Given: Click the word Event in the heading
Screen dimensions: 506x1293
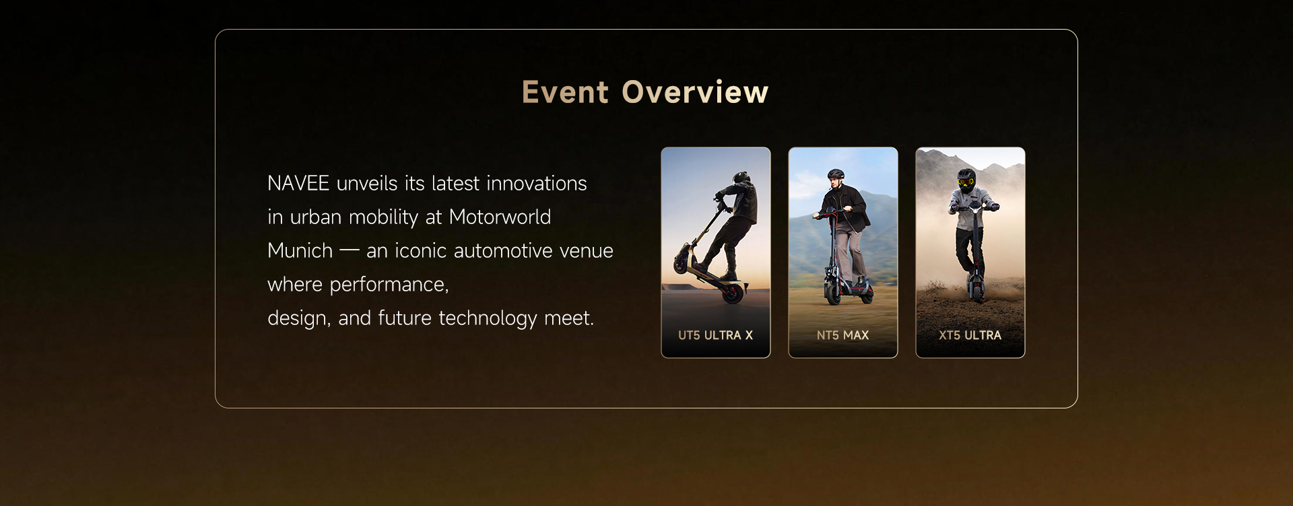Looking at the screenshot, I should pos(565,93).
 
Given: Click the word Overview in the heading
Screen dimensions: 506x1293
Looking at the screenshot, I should pos(695,93).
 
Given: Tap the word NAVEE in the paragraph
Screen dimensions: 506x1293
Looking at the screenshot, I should pos(298,184).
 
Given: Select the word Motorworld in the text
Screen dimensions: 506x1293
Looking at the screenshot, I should pos(500,217).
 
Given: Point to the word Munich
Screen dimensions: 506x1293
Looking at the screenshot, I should pos(300,251).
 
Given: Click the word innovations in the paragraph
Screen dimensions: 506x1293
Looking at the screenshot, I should pos(537,184).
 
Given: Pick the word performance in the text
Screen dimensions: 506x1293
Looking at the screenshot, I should pos(389,285).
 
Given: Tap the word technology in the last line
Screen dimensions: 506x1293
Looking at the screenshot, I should pos(488,318).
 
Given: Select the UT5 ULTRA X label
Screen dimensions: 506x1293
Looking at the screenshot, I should pos(715,335).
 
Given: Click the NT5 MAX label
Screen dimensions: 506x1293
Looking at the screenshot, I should pos(842,335).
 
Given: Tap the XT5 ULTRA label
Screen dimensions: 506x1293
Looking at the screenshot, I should pos(970,335).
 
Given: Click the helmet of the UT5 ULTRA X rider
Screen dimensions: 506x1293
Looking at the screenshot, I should pos(741,178).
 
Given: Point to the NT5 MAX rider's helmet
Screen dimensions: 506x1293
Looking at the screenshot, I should pos(836,174).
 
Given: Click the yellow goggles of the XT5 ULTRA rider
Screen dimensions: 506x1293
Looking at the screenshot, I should pos(966,182).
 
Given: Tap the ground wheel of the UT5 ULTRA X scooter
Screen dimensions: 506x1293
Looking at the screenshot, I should pos(734,293).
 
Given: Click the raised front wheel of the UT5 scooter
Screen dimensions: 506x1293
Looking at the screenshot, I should pos(685,256).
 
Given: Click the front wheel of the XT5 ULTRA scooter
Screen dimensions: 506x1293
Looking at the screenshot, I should pos(973,291).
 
